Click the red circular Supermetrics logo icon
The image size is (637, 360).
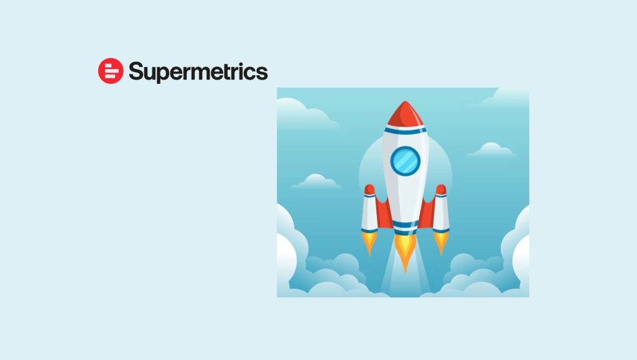point(111,71)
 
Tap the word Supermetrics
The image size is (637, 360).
point(198,72)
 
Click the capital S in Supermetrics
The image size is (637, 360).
point(136,72)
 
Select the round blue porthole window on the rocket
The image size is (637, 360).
point(406,160)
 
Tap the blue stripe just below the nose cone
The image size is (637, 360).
point(405,129)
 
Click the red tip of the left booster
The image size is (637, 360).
point(370,189)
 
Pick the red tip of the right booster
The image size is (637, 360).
point(441,189)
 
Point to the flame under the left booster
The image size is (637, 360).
point(370,242)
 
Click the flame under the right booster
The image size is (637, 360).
point(441,242)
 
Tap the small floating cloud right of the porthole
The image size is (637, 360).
point(491,150)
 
